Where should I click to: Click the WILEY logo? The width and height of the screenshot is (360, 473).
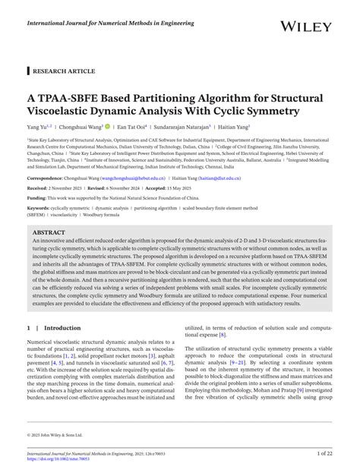pos(306,27)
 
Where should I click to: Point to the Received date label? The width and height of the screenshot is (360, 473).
pos(41,187)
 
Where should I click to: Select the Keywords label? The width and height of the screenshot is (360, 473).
pos(41,207)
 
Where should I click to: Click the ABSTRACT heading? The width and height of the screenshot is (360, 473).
pos(50,232)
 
